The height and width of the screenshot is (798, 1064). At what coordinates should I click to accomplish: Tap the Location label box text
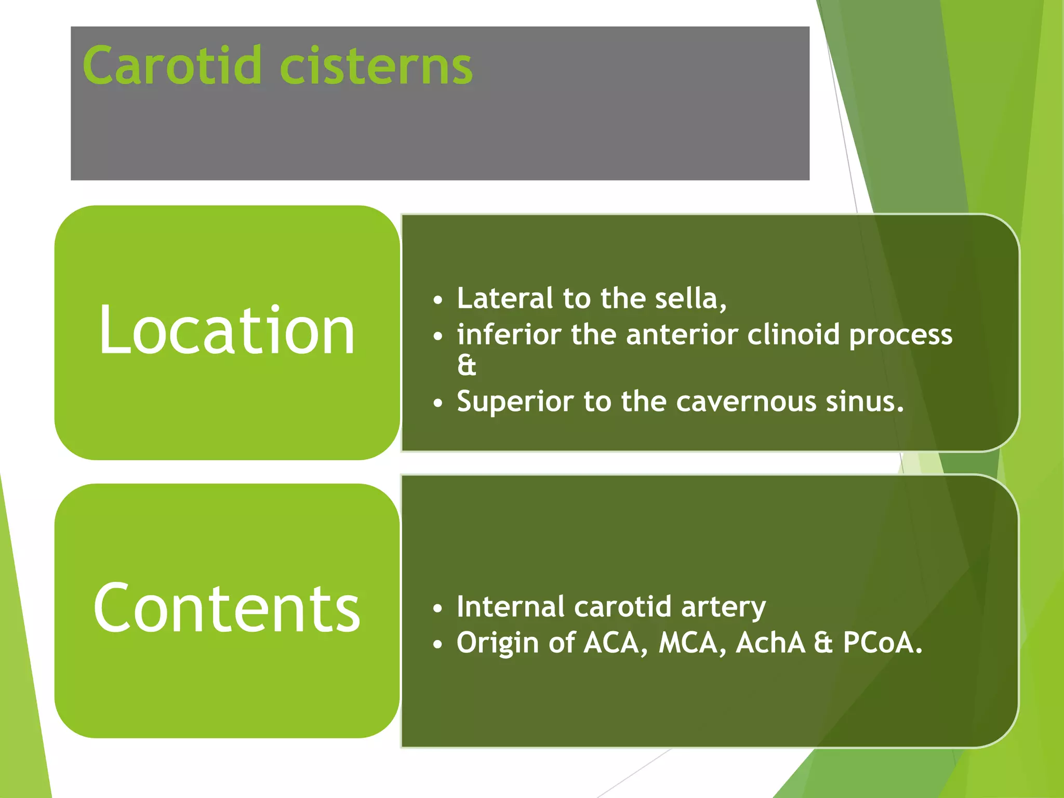click(227, 331)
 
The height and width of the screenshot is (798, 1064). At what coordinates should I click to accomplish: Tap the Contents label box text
click(227, 608)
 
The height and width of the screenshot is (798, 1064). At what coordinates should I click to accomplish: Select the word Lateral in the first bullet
click(504, 298)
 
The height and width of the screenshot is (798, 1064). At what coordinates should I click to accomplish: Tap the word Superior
click(514, 402)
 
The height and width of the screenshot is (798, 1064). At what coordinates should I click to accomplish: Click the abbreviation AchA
click(770, 643)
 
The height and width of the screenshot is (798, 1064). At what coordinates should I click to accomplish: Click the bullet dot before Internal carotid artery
click(438, 608)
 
